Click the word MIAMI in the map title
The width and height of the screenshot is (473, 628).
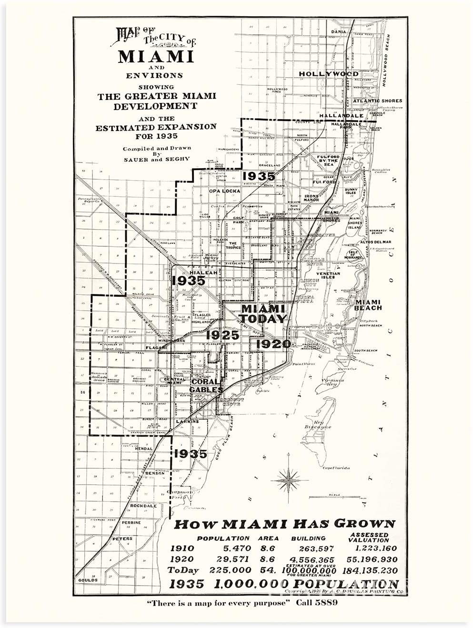[156, 56]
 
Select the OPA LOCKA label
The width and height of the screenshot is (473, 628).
[224, 191]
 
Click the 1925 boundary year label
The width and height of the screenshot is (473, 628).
[222, 335]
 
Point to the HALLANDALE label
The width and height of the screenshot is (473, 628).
[342, 115]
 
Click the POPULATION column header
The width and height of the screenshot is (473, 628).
[223, 538]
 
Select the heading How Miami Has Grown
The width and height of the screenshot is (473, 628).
[284, 524]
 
